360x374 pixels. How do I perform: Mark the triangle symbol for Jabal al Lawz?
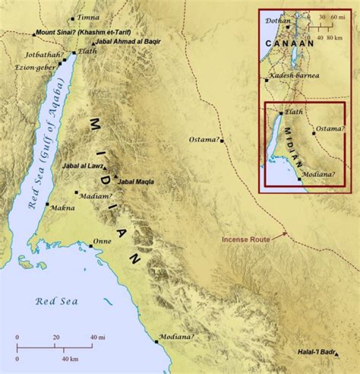[105, 161]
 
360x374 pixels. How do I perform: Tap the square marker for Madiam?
[76, 192]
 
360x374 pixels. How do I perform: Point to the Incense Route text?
[246, 240]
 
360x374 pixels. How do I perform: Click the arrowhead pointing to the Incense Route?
[285, 233]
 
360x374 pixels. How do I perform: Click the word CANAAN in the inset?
[289, 43]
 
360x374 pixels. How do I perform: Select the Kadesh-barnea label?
[293, 76]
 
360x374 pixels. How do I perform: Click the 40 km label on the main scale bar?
[69, 359]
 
